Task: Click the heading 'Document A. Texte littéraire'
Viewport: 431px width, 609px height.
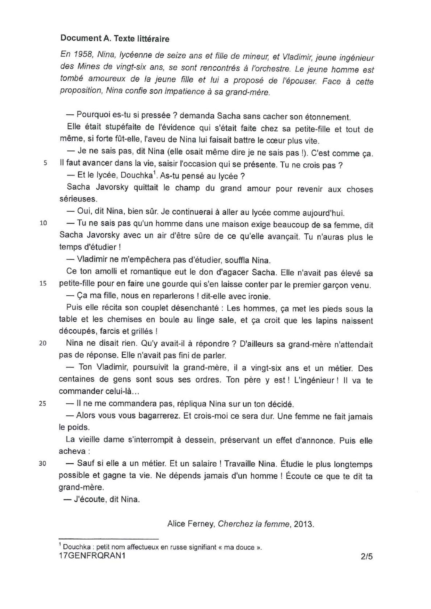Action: (x=115, y=38)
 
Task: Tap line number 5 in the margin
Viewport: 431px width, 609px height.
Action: (x=45, y=163)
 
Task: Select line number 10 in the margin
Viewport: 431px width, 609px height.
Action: (x=43, y=223)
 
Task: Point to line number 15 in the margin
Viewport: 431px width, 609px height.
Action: (x=43, y=283)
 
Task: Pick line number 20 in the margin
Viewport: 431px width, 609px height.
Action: (x=43, y=343)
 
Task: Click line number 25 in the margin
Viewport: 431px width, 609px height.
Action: (x=43, y=404)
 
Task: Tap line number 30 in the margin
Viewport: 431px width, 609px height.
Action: (x=43, y=463)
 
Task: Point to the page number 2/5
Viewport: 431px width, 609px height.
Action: (x=367, y=556)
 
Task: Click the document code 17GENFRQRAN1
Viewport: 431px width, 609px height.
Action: (x=92, y=555)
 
